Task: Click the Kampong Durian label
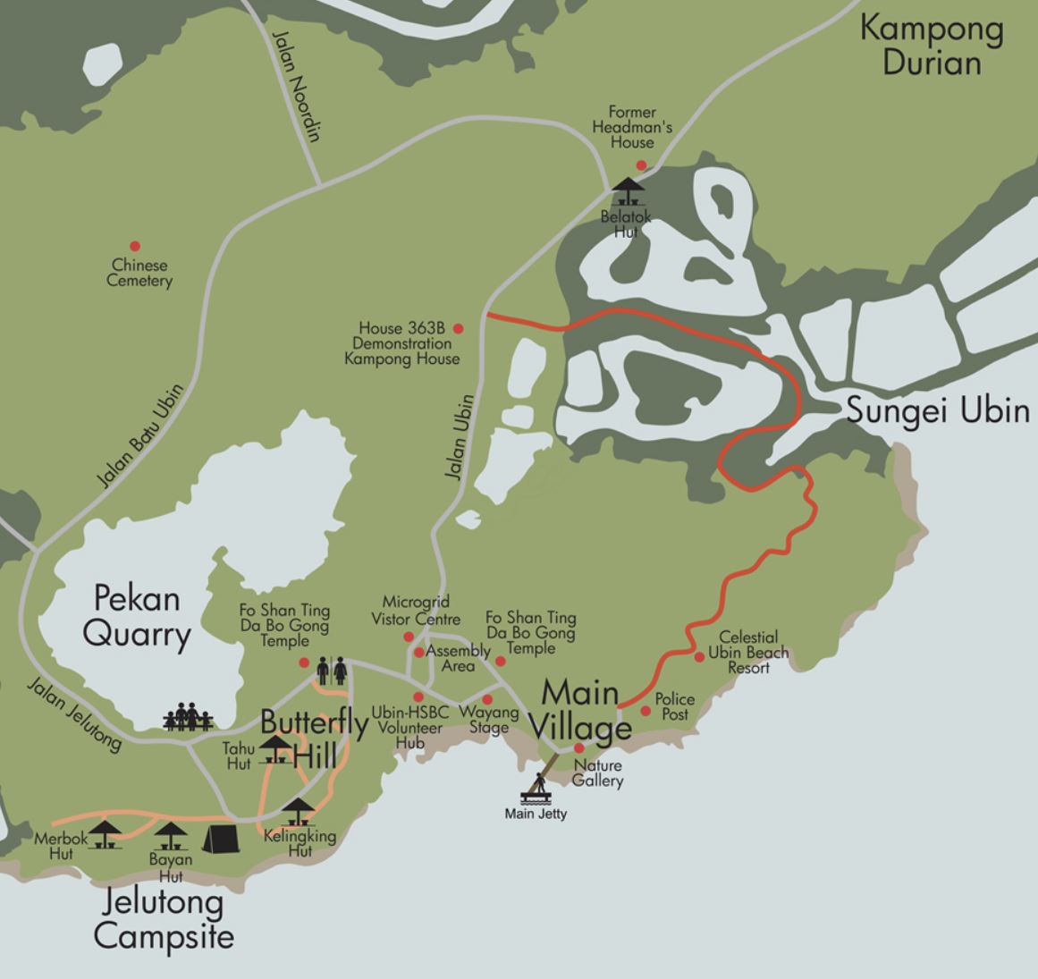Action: [932, 46]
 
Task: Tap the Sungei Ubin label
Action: [937, 410]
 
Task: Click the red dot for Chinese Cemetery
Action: [135, 246]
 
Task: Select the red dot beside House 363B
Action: [459, 329]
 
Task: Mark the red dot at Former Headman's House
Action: [641, 165]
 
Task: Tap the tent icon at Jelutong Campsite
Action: [220, 838]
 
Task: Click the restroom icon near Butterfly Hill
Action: [331, 670]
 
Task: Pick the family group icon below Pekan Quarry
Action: [188, 717]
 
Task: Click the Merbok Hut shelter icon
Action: [105, 834]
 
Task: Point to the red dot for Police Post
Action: [646, 711]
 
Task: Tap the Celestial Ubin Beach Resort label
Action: [748, 652]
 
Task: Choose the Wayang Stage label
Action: [488, 720]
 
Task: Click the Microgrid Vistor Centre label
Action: [416, 611]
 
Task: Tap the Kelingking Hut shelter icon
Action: [298, 812]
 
